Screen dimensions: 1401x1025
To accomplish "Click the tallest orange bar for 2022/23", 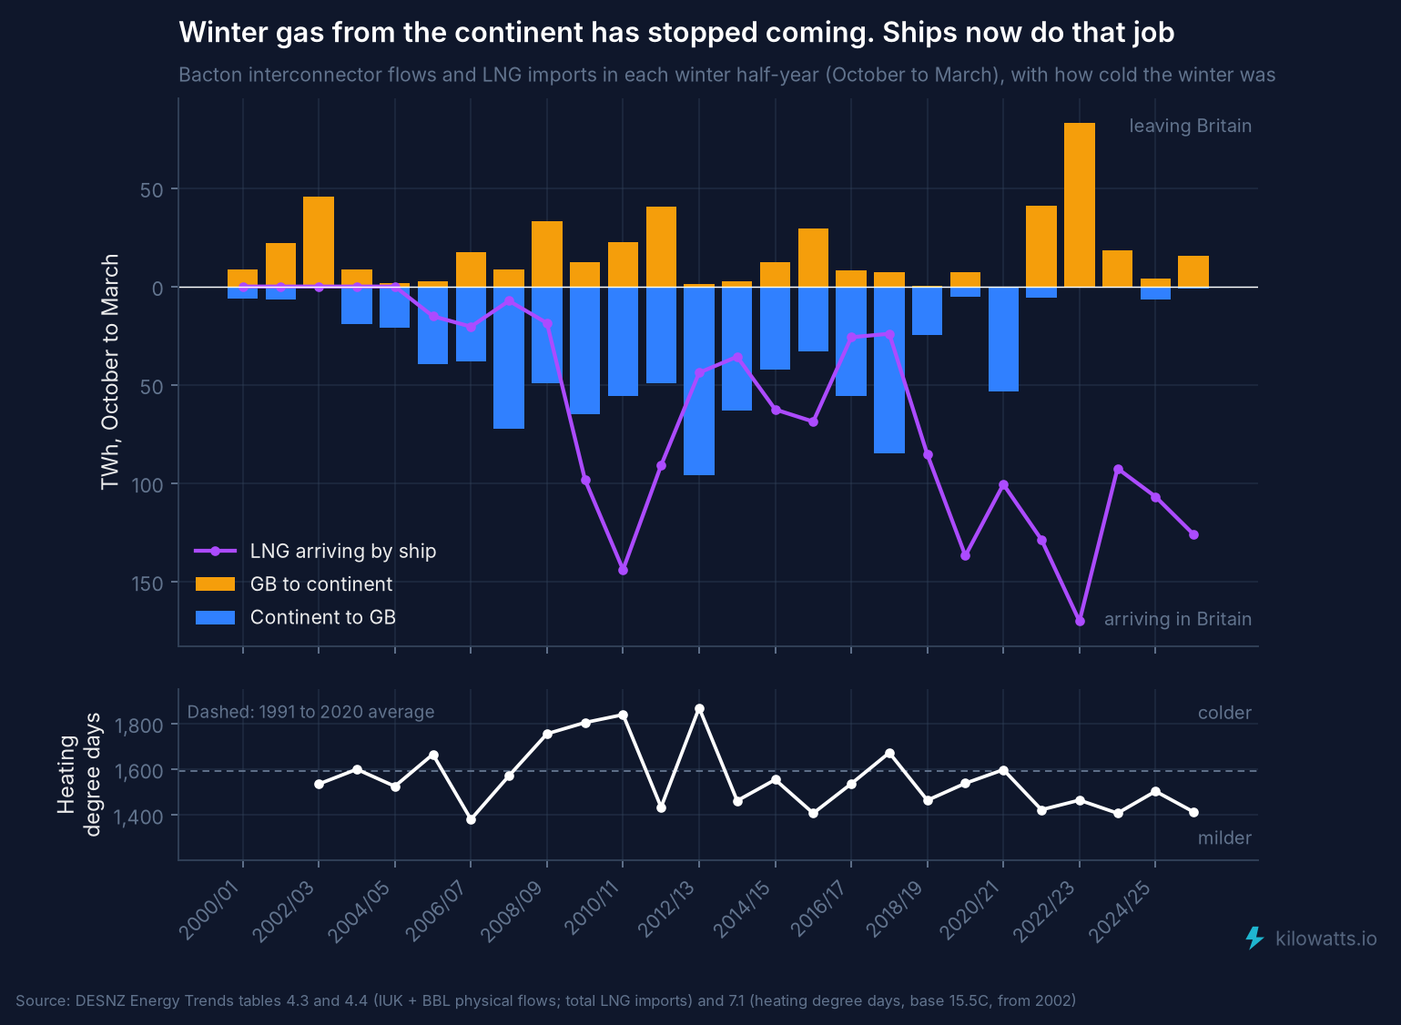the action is (x=1080, y=205).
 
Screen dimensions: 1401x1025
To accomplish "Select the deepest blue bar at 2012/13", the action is (x=699, y=381).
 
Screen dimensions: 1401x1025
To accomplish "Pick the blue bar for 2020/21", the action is (x=1003, y=340).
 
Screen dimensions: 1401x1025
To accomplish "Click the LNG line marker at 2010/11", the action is (x=623, y=571).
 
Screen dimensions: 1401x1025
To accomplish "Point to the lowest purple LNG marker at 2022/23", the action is (x=1081, y=621).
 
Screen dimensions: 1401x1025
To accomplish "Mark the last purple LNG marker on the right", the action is (x=1194, y=534).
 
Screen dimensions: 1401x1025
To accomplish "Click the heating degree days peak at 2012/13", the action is (x=700, y=708).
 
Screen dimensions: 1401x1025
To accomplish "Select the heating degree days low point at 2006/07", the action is (x=471, y=819).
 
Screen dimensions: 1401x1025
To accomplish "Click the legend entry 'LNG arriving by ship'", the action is (x=343, y=551).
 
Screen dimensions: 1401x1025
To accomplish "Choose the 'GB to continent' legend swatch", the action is (x=215, y=584).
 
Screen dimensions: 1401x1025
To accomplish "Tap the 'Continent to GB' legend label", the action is (x=323, y=617).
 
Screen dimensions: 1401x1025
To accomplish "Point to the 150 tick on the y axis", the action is (x=147, y=584).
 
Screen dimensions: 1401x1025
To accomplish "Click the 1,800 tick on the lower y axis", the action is (x=138, y=726).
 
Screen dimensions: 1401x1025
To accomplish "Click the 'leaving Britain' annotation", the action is (x=1190, y=126).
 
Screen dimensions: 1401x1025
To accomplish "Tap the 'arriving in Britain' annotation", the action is (x=1178, y=619).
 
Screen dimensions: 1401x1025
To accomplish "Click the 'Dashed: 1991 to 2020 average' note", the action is (x=310, y=712).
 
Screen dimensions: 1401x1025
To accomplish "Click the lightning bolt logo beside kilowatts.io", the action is (x=1254, y=939).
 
